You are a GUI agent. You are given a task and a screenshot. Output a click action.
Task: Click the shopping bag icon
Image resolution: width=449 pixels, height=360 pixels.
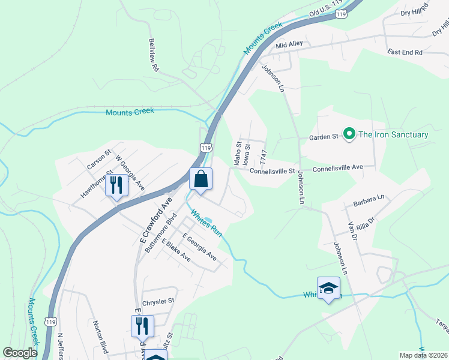pyautogui.click(x=200, y=179)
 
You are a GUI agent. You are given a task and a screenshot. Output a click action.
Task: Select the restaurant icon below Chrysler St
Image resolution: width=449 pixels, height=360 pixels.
pyautogui.click(x=142, y=326)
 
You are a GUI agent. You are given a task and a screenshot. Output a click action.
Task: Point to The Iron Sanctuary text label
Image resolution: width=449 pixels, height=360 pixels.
pyautogui.click(x=393, y=134)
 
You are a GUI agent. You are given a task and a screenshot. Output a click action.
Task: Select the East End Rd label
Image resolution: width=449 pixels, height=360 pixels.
pyautogui.click(x=405, y=53)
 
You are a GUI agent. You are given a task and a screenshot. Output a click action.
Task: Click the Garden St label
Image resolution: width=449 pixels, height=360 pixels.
pyautogui.click(x=324, y=137)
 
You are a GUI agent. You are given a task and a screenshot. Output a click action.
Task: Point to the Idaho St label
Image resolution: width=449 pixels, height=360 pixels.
pyautogui.click(x=238, y=154)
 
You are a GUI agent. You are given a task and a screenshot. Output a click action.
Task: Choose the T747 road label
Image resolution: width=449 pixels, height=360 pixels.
pyautogui.click(x=262, y=157)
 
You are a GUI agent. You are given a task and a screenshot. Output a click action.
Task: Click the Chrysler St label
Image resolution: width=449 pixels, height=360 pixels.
pyautogui.click(x=158, y=301)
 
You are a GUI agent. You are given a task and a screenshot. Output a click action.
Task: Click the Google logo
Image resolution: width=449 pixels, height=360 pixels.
pyautogui.click(x=20, y=353)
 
